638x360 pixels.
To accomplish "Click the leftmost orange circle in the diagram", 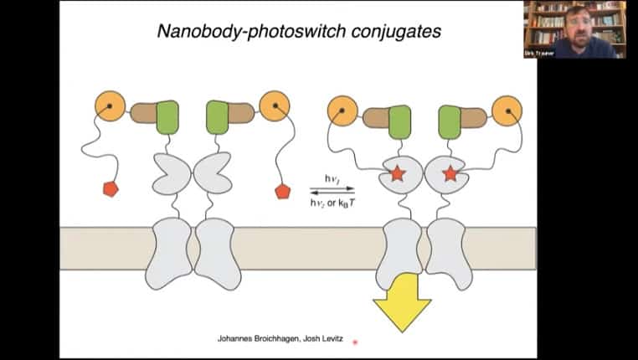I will pyautogui.click(x=110, y=105).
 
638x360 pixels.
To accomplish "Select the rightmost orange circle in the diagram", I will pyautogui.click(x=507, y=111).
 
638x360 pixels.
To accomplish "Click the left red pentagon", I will pyautogui.click(x=111, y=189).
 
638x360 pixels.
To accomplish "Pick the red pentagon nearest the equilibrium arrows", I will pyautogui.click(x=282, y=192).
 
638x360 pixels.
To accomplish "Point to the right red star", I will pyautogui.click(x=450, y=174).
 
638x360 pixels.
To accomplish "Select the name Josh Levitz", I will pyautogui.click(x=319, y=337).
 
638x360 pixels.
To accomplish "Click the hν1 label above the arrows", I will pyautogui.click(x=332, y=178).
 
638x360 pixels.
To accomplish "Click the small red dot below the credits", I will pyautogui.click(x=355, y=342).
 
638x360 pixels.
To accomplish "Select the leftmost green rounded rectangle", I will pyautogui.click(x=167, y=116).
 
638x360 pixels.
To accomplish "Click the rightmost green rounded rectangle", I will pyautogui.click(x=450, y=121).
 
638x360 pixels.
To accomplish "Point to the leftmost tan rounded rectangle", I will pyautogui.click(x=143, y=113).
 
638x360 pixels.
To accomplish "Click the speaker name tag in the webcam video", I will pyautogui.click(x=541, y=53).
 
